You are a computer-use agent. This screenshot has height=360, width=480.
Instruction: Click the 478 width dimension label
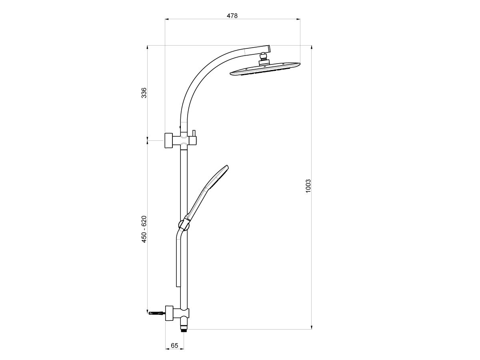coord(232,16)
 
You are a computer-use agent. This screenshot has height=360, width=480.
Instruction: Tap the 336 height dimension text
coord(144,93)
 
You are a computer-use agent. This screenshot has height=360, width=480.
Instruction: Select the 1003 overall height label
coord(308,186)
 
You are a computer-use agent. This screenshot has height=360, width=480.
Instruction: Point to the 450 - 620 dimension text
coord(144,229)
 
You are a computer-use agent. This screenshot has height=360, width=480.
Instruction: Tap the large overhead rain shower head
coord(265,69)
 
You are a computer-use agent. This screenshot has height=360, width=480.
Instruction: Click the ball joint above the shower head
coord(264,57)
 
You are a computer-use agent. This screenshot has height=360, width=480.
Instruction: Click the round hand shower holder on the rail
coord(183,224)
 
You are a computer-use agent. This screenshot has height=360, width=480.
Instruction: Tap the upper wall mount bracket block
coord(169,140)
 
